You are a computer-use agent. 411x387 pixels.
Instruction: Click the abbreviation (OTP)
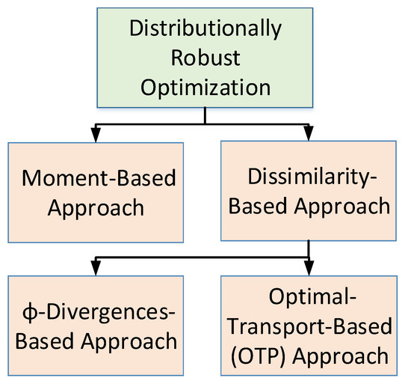[x=253, y=356]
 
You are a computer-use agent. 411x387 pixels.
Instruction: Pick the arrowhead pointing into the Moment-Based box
[x=96, y=135]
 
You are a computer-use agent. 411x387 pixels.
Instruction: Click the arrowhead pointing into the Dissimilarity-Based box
[x=308, y=135]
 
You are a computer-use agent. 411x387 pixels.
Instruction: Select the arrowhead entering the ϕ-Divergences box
[x=96, y=269]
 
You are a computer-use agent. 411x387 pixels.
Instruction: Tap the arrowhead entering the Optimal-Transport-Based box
[x=308, y=269]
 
